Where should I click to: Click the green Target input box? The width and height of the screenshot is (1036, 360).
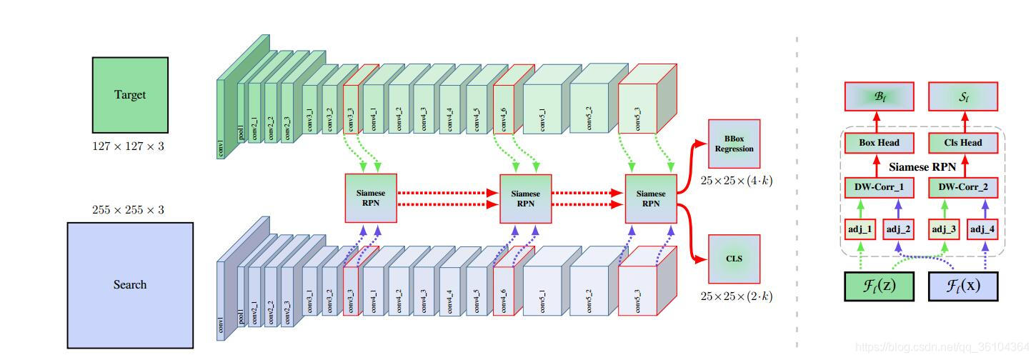[x=130, y=95]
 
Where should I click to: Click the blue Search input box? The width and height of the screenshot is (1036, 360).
[x=130, y=284]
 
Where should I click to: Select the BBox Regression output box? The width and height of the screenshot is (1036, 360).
[x=734, y=143]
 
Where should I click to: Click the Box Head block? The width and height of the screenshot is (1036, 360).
[x=879, y=143]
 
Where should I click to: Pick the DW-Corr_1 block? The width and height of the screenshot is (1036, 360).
[x=879, y=188]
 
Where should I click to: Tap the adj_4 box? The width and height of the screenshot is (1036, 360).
[x=982, y=229]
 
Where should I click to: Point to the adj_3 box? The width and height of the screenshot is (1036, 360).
[x=945, y=229]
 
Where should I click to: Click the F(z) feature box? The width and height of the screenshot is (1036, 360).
[x=880, y=286]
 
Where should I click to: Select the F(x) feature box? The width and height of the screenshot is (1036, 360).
[x=962, y=286]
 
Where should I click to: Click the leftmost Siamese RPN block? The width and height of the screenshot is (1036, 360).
[x=371, y=198]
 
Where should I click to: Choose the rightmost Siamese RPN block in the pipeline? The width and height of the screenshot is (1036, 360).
[x=651, y=198]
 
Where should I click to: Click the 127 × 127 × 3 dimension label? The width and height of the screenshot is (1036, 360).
[x=129, y=146]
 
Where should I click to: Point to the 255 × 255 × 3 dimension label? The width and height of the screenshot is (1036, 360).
[x=129, y=210]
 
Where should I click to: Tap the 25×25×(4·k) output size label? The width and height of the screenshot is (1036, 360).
[x=737, y=181]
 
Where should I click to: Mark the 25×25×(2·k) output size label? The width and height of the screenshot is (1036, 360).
[x=737, y=296]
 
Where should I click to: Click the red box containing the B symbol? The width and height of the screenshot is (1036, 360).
[x=879, y=96]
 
